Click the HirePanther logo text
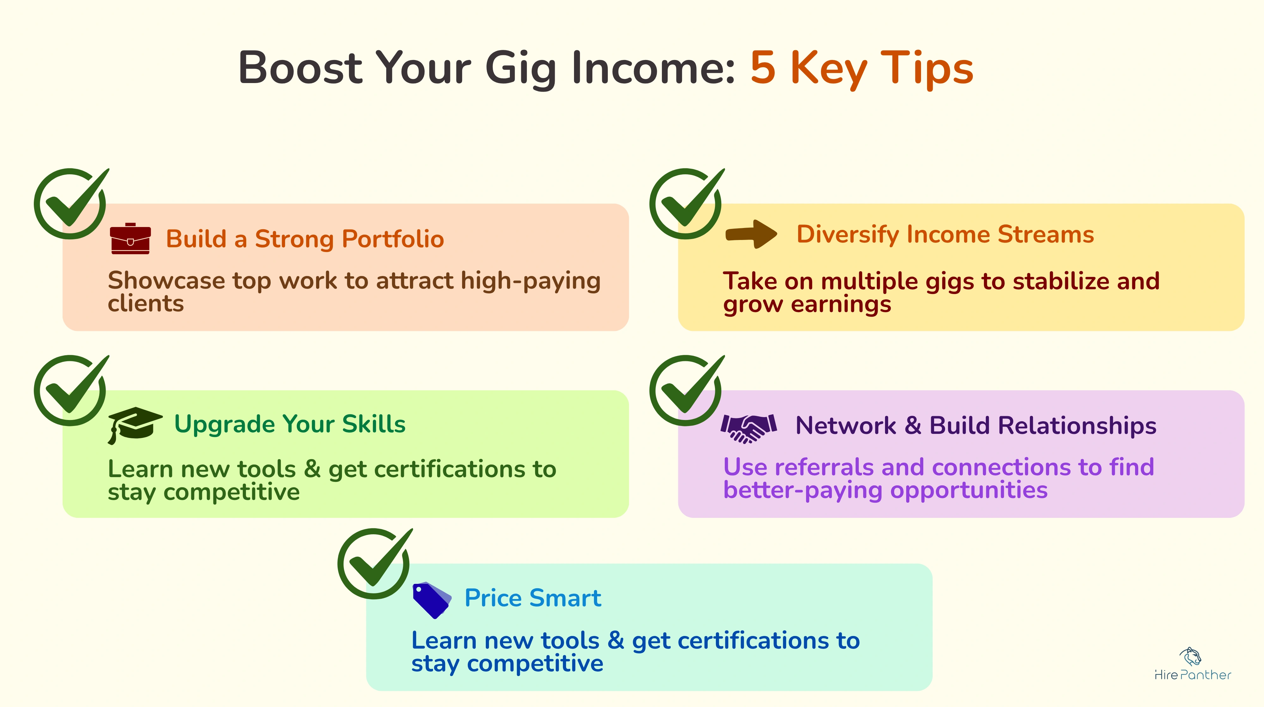pyautogui.click(x=1192, y=675)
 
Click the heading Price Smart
pyautogui.click(x=532, y=598)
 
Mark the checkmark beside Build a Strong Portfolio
pyautogui.click(x=71, y=203)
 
